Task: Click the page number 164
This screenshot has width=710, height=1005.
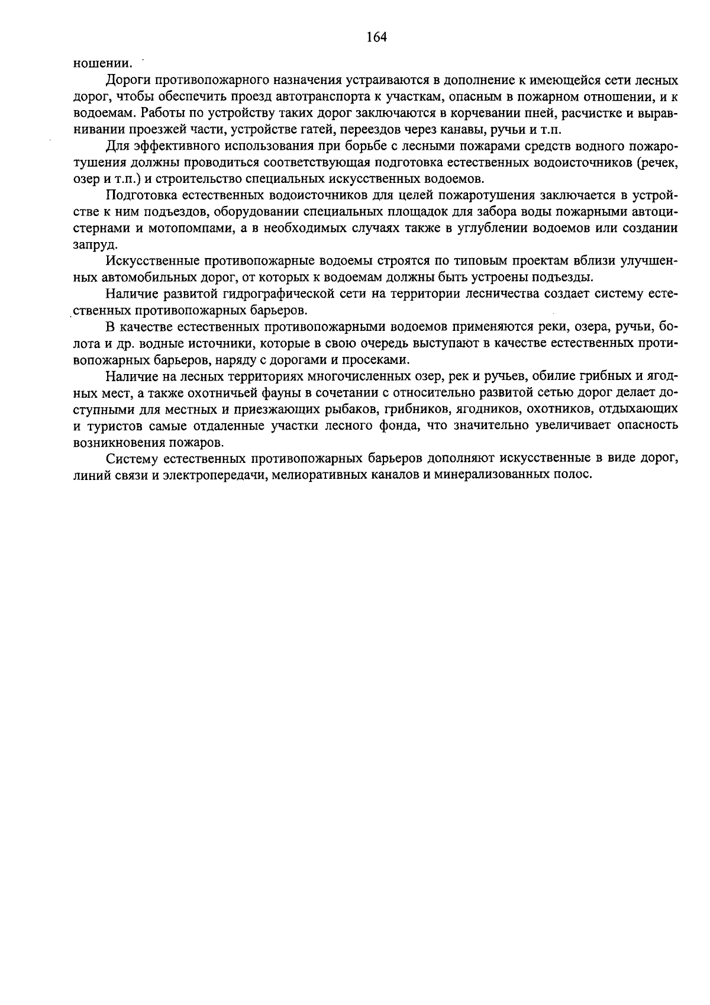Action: pyautogui.click(x=376, y=37)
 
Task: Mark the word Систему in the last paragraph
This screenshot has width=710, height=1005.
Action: pyautogui.click(x=131, y=459)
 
